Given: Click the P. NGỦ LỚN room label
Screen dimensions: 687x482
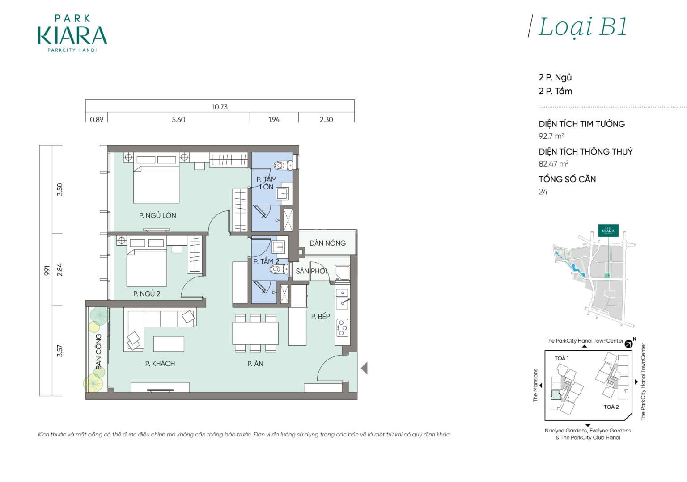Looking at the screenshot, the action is (x=157, y=215).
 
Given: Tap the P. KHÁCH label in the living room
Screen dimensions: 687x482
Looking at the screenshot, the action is (x=160, y=364).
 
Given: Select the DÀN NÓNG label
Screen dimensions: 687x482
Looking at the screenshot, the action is (x=327, y=243).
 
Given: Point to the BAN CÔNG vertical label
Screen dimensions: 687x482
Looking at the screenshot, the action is (x=98, y=351).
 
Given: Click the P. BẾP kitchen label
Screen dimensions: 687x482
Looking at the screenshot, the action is (x=320, y=316).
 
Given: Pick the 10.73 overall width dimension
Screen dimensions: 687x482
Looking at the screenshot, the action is (x=220, y=107).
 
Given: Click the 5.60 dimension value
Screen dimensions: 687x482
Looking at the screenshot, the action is (x=178, y=119).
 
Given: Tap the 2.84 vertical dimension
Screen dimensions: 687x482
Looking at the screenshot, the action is (x=59, y=269).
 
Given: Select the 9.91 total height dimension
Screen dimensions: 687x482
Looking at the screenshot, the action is (x=47, y=270).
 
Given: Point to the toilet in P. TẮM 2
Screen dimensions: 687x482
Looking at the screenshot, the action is (x=279, y=269).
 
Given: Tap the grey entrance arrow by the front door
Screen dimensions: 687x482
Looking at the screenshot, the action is (x=365, y=368).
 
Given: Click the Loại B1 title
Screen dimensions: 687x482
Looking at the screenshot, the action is (x=582, y=27).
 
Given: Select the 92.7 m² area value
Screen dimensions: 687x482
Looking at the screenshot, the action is (x=551, y=136).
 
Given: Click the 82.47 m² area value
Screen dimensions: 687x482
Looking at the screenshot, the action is (x=553, y=164).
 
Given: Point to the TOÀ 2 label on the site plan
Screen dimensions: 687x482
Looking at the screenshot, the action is (x=611, y=407).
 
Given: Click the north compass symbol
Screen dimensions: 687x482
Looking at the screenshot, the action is (x=629, y=344).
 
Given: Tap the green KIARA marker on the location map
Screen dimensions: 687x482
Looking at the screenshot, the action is (x=608, y=231).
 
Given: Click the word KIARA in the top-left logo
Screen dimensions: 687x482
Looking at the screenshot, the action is (x=72, y=36).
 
